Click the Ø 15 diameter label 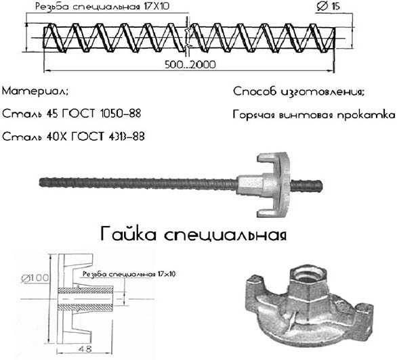pos(329,6)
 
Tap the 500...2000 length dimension pos(190,65)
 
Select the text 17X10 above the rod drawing pos(156,6)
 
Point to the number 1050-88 pos(121,114)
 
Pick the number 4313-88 pos(126,137)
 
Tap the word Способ pos(255,91)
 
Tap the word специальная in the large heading pos(226,235)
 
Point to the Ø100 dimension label pos(35,278)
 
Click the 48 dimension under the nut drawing pos(85,349)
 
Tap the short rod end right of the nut pos(306,185)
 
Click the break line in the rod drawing pos(188,36)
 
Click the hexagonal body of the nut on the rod pos(250,185)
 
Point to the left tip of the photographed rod pos(40,183)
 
